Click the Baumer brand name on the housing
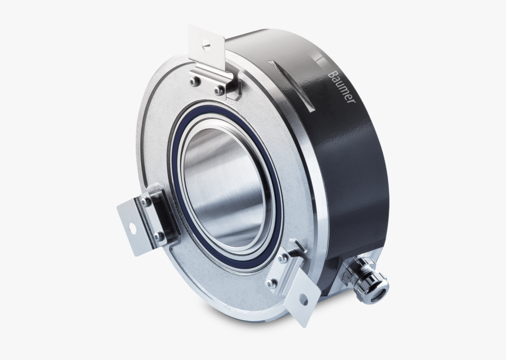pyautogui.click(x=341, y=87)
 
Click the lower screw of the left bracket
pyautogui.click(x=158, y=236)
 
